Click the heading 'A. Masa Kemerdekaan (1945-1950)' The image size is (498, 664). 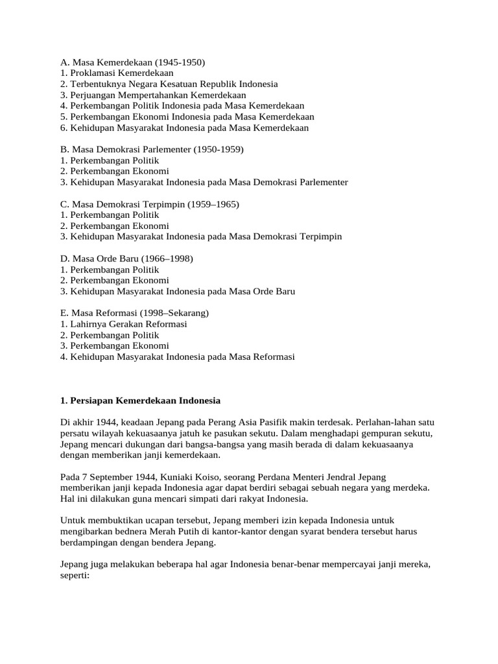(132, 62)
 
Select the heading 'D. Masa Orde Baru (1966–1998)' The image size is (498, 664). (126, 259)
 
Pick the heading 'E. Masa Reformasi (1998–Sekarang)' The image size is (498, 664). (134, 313)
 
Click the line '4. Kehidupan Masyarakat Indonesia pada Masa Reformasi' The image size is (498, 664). (177, 357)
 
